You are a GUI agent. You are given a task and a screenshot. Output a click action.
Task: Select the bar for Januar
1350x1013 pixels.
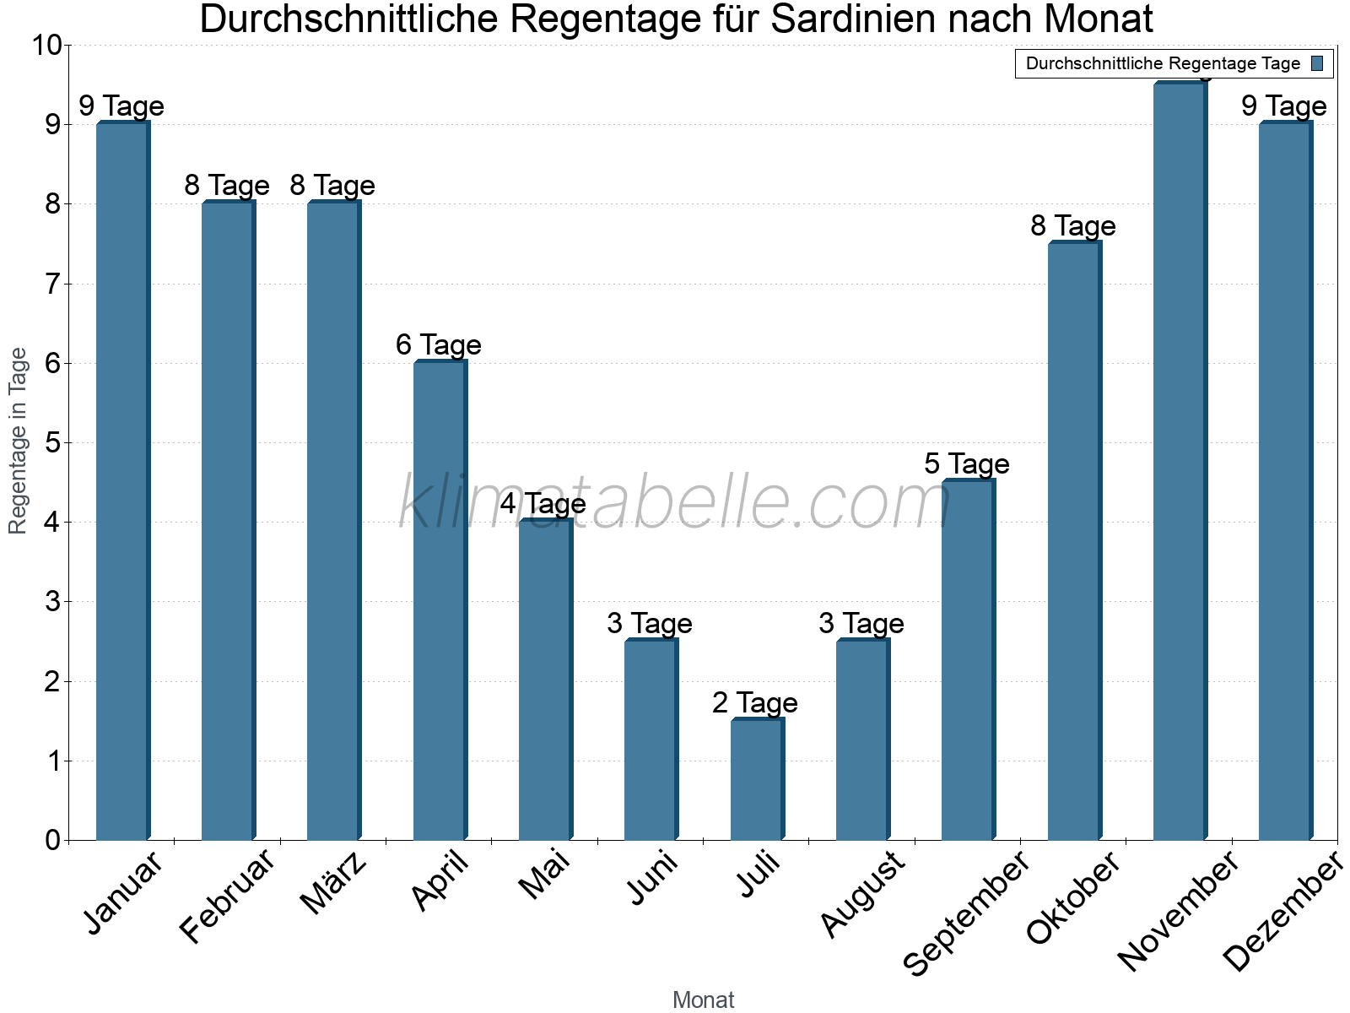point(122,481)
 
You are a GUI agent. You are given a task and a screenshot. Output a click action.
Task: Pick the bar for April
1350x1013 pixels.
point(440,600)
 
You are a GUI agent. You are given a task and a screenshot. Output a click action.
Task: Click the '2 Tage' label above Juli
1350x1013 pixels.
point(754,702)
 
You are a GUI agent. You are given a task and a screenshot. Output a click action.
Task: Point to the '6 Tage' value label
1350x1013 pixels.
point(438,344)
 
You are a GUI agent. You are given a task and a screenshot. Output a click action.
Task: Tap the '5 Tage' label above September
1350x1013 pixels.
point(966,463)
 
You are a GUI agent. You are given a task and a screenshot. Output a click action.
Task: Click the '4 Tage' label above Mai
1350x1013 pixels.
point(543,504)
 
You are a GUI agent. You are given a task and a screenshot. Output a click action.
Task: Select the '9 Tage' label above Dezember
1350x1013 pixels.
point(1283,106)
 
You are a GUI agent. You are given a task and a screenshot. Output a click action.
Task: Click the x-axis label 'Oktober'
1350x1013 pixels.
point(1073,898)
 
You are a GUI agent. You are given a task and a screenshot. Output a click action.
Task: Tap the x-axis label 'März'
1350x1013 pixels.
point(334,884)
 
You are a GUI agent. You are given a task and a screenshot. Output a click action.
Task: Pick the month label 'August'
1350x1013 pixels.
point(863,895)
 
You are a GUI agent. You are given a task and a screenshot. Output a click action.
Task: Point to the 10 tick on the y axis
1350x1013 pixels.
point(46,45)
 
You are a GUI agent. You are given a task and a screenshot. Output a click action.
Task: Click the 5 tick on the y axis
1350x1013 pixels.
point(52,443)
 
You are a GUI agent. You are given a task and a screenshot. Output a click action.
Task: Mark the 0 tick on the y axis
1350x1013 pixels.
point(52,840)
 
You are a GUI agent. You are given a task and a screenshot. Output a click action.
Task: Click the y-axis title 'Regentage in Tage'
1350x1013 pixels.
point(18,441)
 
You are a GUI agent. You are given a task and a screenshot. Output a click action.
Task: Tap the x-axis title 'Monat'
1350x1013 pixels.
point(703,999)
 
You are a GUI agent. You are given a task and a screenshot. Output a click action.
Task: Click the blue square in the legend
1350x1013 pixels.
point(1318,63)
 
